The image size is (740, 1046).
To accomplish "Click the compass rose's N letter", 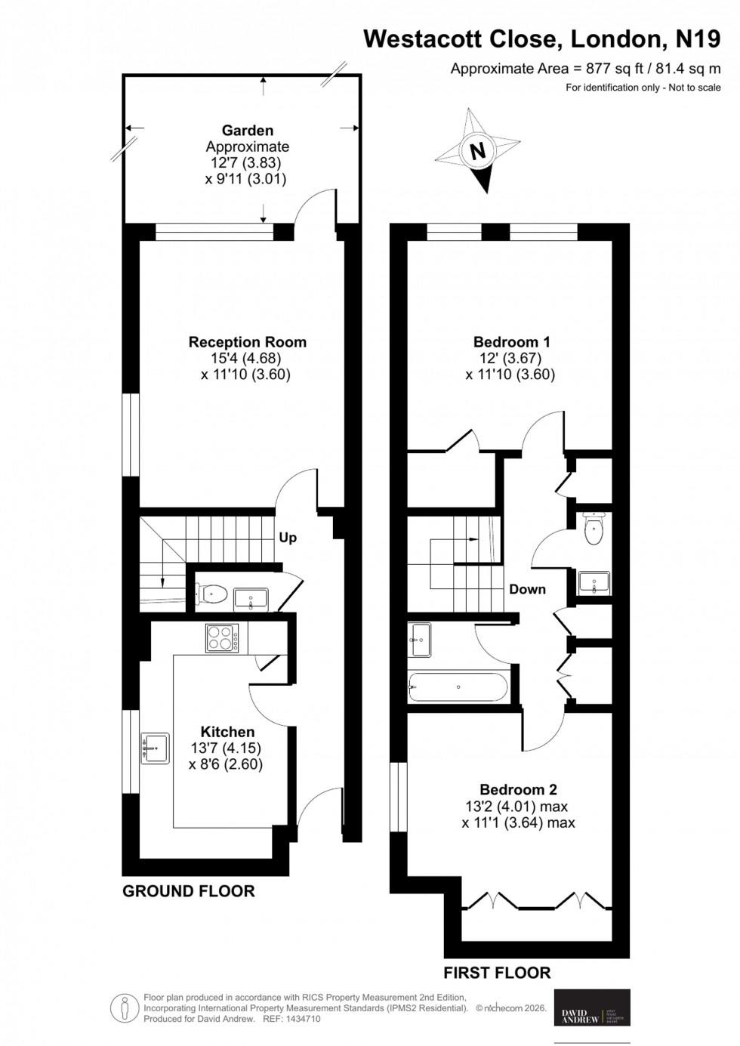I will click(x=476, y=151).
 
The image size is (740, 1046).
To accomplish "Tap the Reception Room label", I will click(x=247, y=342).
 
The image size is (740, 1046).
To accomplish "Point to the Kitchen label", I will click(x=227, y=732).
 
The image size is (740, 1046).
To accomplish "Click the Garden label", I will click(x=247, y=131).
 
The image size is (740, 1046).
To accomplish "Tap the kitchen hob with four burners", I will click(x=222, y=638).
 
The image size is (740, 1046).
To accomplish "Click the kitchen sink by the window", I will click(x=155, y=748).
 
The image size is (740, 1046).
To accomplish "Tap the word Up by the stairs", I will click(x=288, y=538).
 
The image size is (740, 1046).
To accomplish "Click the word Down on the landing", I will click(x=527, y=589).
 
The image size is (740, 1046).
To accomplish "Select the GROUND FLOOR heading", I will click(x=189, y=891).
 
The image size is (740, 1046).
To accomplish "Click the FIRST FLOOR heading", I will click(x=497, y=973).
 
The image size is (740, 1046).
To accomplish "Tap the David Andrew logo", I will click(x=592, y=1007).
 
